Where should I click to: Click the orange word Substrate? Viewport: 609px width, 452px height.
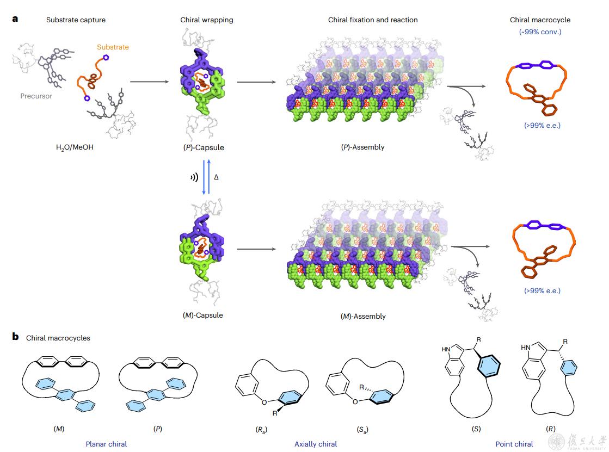113,47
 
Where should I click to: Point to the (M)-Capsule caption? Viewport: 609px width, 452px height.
204,315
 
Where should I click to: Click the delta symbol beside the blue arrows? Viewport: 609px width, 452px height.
216,177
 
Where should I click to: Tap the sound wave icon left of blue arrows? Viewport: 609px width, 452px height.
194,177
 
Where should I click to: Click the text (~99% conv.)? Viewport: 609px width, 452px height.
540,32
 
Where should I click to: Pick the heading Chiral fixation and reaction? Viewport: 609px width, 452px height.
373,20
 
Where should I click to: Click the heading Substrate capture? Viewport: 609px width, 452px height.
76,20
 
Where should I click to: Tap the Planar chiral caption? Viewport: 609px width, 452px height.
106,444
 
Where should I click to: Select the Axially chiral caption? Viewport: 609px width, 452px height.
316,444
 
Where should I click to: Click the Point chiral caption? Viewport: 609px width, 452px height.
514,444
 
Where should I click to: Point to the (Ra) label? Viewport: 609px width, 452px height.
260,429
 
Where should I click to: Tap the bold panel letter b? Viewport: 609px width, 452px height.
15,337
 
